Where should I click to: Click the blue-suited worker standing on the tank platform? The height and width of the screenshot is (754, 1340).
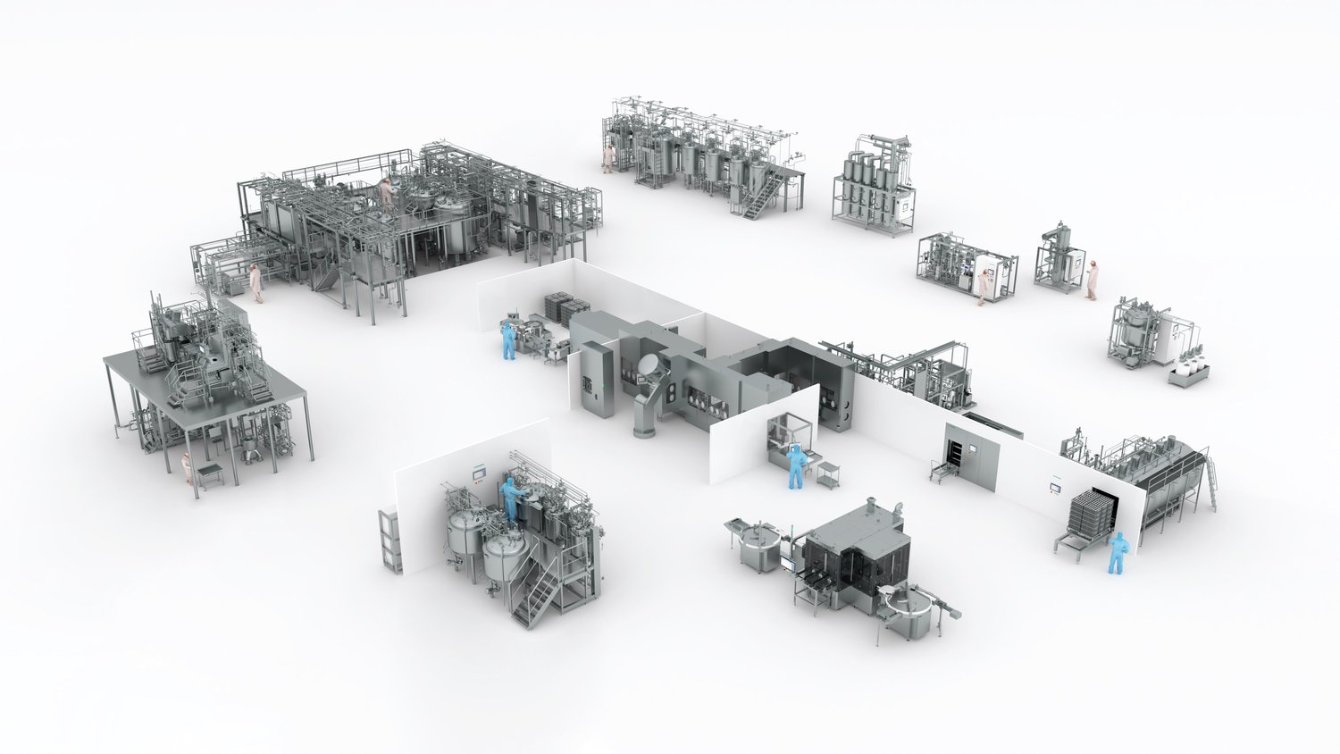pos(511,498)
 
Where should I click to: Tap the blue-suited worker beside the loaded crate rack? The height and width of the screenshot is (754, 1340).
pos(1116,552)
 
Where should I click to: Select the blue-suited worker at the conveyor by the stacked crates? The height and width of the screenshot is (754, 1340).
pos(508,340)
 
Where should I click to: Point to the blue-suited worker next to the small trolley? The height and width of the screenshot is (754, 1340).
pos(794,467)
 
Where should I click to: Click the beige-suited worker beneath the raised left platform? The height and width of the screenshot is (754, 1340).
pos(188,467)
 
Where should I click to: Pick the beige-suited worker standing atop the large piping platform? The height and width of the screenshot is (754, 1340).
pos(386,192)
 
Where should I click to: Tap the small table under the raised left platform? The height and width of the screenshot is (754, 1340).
pos(211,473)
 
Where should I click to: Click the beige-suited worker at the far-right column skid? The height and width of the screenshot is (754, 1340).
pos(1092,280)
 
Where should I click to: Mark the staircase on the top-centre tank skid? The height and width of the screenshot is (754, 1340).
pos(756,197)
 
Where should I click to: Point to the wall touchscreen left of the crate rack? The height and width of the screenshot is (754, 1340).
pos(1051,490)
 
